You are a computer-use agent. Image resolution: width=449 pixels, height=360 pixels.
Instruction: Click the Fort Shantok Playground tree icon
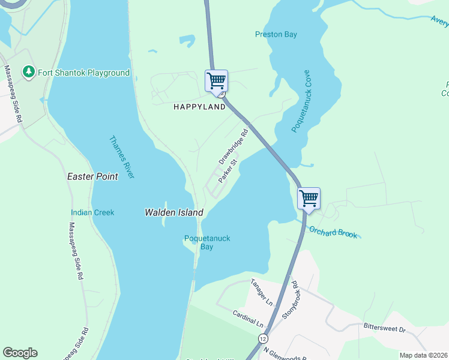28,73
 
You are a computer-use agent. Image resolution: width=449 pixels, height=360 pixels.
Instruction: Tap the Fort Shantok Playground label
83,73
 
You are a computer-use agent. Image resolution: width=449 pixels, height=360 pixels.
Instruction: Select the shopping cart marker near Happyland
216,80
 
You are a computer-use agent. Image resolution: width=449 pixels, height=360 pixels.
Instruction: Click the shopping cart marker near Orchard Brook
309,198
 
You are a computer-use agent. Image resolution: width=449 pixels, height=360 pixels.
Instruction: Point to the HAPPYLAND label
199,107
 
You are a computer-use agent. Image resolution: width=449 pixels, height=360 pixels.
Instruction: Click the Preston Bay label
276,35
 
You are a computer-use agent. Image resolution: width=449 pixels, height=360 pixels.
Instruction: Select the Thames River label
122,157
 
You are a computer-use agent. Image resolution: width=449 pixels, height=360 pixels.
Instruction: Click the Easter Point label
92,177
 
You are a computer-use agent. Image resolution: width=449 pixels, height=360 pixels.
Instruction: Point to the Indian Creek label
92,212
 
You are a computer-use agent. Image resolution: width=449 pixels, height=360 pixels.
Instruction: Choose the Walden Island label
174,212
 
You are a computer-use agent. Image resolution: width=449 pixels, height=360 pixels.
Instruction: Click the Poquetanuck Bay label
206,242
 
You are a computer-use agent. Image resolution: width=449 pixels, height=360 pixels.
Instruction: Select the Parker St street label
229,170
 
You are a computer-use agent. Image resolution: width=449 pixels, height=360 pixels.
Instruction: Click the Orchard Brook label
333,232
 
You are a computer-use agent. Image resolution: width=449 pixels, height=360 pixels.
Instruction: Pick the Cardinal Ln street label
249,318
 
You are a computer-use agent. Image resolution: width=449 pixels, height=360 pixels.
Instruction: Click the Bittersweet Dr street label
385,328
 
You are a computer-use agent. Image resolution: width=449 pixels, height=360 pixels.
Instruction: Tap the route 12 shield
264,339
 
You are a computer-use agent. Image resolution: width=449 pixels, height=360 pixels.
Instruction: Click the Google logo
20,353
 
